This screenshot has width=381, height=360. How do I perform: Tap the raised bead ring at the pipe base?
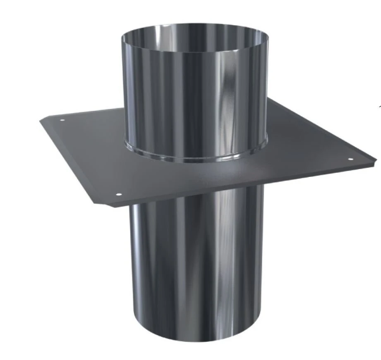click(x=194, y=160)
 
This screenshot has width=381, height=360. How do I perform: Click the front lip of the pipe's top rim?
click(x=194, y=49)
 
